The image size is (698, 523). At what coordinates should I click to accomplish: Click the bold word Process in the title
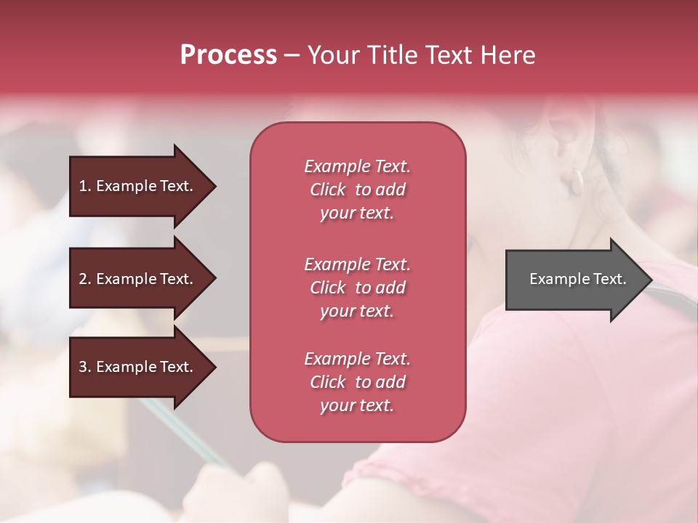pos(228,55)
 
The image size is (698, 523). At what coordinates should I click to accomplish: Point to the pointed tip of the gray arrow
pos(651,280)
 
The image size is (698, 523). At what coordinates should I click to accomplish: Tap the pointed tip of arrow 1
pos(214,187)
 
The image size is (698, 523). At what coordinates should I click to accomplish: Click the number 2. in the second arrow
pos(85,279)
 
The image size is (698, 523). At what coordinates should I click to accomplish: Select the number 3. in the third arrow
pos(85,367)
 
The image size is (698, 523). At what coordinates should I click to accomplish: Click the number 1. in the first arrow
pos(85,186)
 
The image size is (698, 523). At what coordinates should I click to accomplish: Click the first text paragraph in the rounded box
pos(357,190)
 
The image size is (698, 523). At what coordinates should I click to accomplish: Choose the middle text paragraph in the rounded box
pos(357,288)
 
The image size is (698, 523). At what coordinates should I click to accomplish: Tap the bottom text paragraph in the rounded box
pos(357,382)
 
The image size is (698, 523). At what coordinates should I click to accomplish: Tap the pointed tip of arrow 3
pos(214,368)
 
